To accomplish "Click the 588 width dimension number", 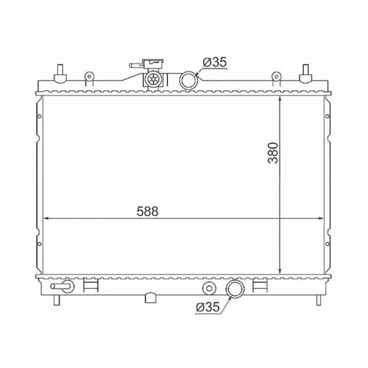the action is (147, 212).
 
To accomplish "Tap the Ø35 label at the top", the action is (214, 62).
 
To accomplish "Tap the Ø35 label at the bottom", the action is (207, 307).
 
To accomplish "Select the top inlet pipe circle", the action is (189, 81).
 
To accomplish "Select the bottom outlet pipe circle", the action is (235, 289).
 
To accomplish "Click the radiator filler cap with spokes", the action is (154, 79).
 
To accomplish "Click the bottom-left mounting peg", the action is (57, 300).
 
